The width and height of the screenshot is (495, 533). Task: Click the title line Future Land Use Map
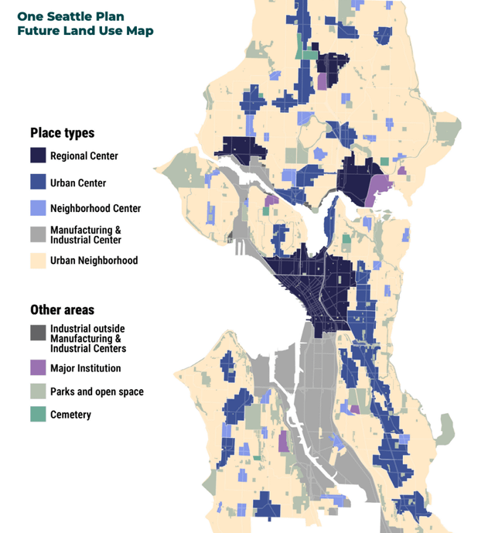pyautogui.click(x=85, y=31)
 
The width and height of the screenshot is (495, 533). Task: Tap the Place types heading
pyautogui.click(x=62, y=132)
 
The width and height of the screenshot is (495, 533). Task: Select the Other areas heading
pyautogui.click(x=62, y=309)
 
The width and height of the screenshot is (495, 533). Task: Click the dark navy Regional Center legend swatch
pyautogui.click(x=38, y=155)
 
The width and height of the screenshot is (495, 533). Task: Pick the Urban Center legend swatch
pyautogui.click(x=38, y=183)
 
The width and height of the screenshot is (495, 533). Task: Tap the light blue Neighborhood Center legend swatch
pyautogui.click(x=38, y=208)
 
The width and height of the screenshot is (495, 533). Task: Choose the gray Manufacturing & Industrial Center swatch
pyautogui.click(x=38, y=234)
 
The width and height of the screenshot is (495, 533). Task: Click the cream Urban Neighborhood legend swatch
pyautogui.click(x=38, y=261)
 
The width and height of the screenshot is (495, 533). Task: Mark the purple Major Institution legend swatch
pyautogui.click(x=38, y=368)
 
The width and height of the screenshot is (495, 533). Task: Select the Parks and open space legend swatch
pyautogui.click(x=38, y=391)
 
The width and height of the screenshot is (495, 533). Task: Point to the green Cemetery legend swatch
pyautogui.click(x=38, y=415)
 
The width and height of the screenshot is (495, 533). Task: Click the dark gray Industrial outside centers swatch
pyautogui.click(x=38, y=333)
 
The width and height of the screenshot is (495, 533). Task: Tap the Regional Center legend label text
pyautogui.click(x=84, y=156)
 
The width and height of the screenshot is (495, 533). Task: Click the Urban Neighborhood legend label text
pyautogui.click(x=94, y=261)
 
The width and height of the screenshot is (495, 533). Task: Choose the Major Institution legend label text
pyautogui.click(x=85, y=368)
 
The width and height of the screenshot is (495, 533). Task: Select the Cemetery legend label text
pyautogui.click(x=70, y=415)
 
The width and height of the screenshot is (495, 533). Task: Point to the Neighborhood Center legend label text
pyautogui.click(x=95, y=208)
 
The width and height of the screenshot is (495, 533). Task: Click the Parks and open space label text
pyautogui.click(x=97, y=391)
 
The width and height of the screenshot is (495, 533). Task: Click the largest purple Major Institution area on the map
pyautogui.click(x=378, y=190)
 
